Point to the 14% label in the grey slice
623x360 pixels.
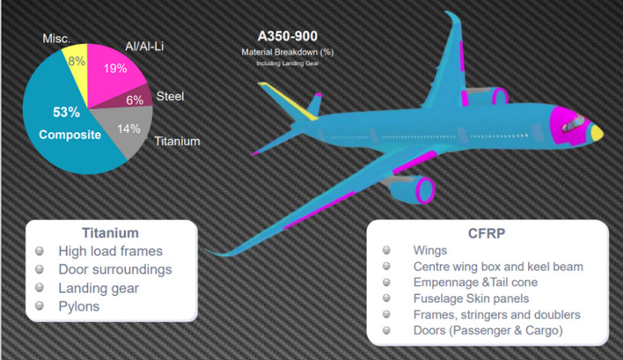pos(128,129)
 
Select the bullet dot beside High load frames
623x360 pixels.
pos(40,251)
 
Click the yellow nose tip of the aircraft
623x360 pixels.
pos(597,133)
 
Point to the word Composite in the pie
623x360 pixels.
pos(68,135)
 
